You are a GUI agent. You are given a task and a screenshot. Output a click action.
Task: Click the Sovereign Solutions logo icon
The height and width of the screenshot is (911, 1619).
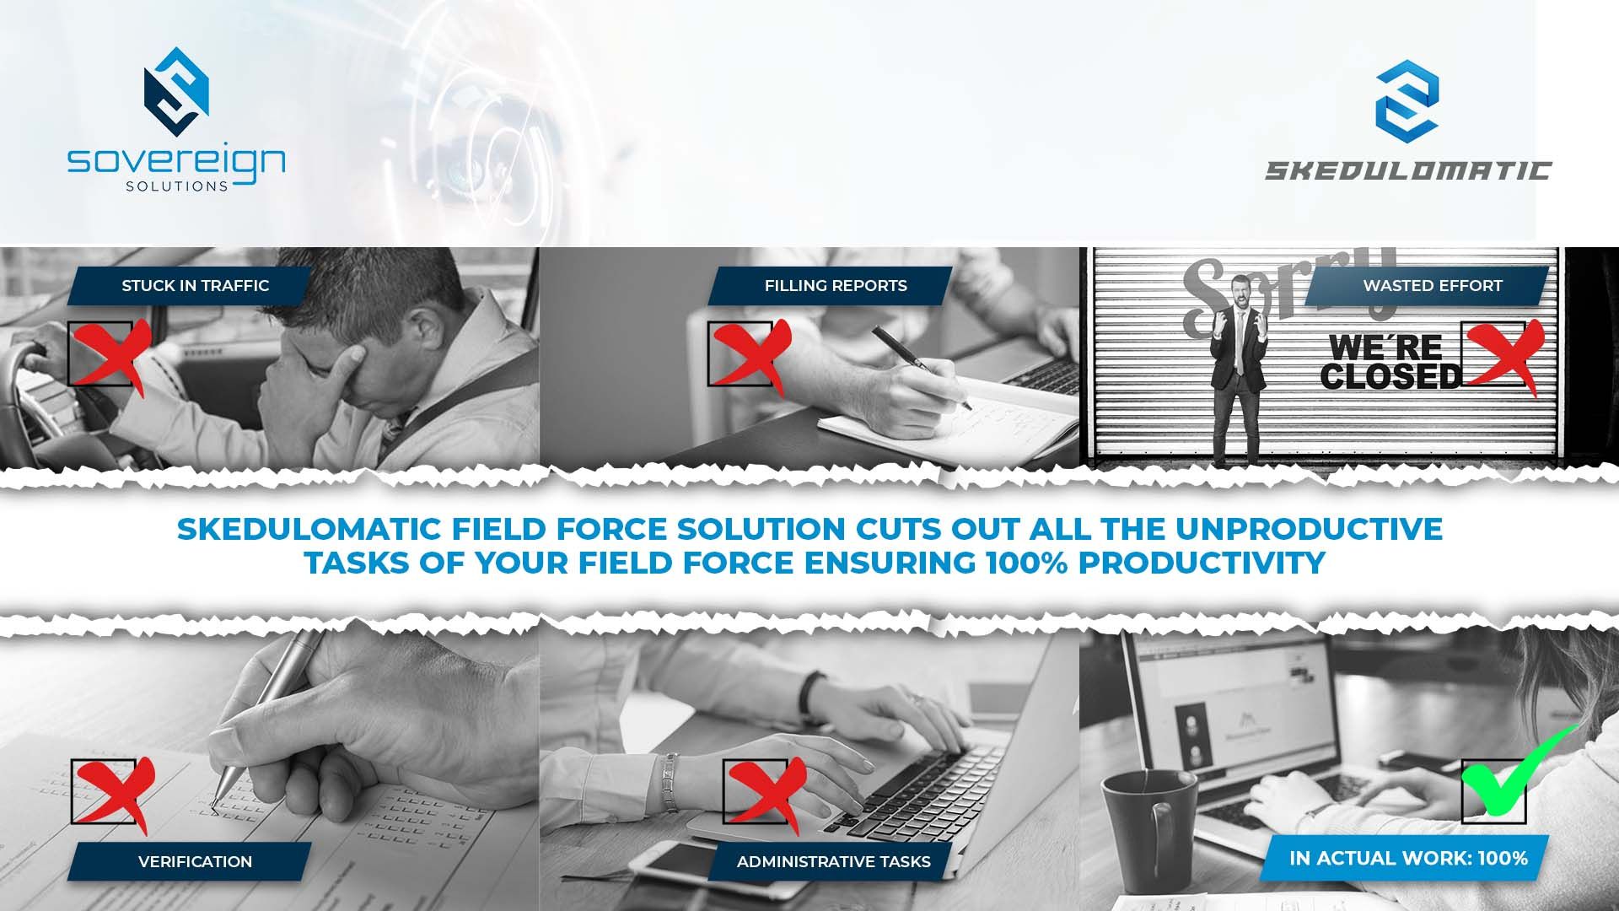click(176, 91)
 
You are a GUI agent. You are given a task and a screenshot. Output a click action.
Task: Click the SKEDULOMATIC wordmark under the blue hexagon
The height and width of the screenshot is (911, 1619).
click(1407, 170)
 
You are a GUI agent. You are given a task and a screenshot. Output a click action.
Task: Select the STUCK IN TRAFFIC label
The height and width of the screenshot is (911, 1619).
click(195, 286)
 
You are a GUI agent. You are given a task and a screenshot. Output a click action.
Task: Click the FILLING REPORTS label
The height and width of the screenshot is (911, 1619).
click(835, 286)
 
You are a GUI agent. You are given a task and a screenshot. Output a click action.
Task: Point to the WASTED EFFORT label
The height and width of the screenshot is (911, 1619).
click(1432, 286)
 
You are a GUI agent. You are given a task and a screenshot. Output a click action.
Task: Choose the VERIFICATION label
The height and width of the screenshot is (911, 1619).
click(195, 861)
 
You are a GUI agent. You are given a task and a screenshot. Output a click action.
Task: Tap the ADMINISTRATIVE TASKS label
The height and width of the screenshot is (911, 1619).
click(833, 861)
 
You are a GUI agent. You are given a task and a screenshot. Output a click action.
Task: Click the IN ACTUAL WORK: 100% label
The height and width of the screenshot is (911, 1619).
click(1407, 858)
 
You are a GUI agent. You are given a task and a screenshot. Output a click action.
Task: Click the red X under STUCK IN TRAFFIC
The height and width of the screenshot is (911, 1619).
click(108, 354)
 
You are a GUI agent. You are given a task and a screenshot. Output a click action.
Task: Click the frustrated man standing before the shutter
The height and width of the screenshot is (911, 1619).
click(1237, 363)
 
